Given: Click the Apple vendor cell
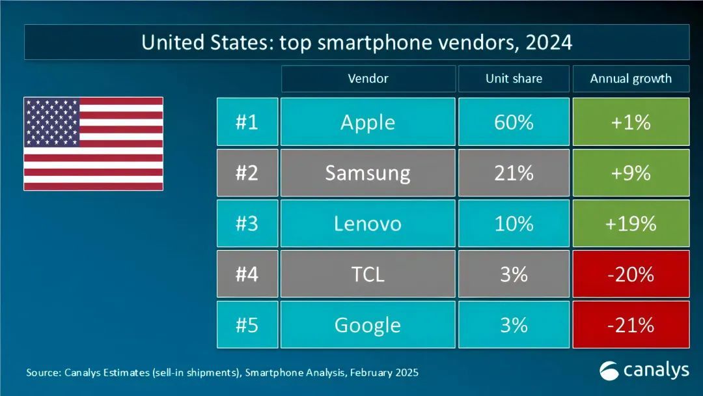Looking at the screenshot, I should [368, 122].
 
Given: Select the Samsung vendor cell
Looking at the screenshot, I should [368, 173].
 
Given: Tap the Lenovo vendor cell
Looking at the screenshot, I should [368, 223].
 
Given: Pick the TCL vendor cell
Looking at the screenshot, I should [368, 274].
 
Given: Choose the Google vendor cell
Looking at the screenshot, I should [368, 324].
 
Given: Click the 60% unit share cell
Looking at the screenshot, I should [514, 122].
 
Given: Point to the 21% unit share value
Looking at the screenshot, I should [514, 173].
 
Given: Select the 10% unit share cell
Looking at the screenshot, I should [514, 223].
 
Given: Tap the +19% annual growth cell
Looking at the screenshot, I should [631, 223].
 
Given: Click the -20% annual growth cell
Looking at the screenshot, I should [631, 274].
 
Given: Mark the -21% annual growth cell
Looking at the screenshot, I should [631, 324].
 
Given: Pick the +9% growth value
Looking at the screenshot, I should [631, 173].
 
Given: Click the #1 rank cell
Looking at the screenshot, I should [247, 122].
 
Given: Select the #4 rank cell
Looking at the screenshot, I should [247, 274].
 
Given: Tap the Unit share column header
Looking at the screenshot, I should [514, 79].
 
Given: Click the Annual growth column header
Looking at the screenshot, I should [631, 79].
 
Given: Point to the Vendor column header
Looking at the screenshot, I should [368, 79].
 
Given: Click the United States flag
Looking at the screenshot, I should [93, 144].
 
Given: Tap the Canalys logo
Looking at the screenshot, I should [644, 371].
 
